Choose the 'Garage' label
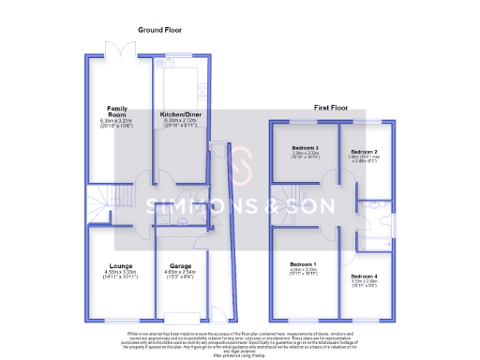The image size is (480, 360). coord(180,266)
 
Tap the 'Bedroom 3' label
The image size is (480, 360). coord(305,148)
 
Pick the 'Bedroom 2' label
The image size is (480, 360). coord(364,151)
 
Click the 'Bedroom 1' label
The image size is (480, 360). coord(302,266)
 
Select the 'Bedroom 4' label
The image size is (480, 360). coord(365,277)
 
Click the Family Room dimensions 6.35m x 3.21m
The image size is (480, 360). coord(117,122)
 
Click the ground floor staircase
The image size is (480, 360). coord(99,202)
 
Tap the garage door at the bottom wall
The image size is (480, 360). coord(180,313)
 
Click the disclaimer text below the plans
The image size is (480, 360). coord(239,339)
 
